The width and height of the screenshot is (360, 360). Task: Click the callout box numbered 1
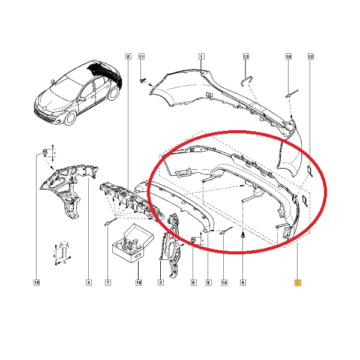click(x=201, y=56)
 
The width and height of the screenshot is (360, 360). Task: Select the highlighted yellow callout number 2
click(x=298, y=283)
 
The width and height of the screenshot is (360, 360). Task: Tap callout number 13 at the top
click(x=245, y=56)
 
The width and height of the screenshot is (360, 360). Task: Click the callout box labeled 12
click(x=310, y=56)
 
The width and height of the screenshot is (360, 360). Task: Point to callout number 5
click(x=128, y=56)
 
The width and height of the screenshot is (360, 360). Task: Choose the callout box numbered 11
click(x=142, y=56)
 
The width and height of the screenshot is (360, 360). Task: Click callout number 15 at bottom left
click(x=37, y=283)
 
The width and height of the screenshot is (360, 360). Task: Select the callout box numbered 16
click(x=139, y=283)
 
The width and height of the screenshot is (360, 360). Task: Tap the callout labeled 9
click(x=243, y=283)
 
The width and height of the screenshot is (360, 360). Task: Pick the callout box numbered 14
click(x=224, y=283)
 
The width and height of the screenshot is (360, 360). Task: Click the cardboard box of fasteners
click(x=133, y=244)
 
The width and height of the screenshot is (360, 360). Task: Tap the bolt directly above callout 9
click(x=243, y=235)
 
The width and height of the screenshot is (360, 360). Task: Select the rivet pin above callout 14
click(x=226, y=230)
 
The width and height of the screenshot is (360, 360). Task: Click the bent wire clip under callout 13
click(x=246, y=80)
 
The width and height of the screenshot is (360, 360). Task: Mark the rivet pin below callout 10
click(x=292, y=94)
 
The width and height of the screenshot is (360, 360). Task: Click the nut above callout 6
click(x=194, y=239)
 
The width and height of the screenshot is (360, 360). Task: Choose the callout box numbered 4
click(x=89, y=283)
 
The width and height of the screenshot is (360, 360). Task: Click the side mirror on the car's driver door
click(x=82, y=99)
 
